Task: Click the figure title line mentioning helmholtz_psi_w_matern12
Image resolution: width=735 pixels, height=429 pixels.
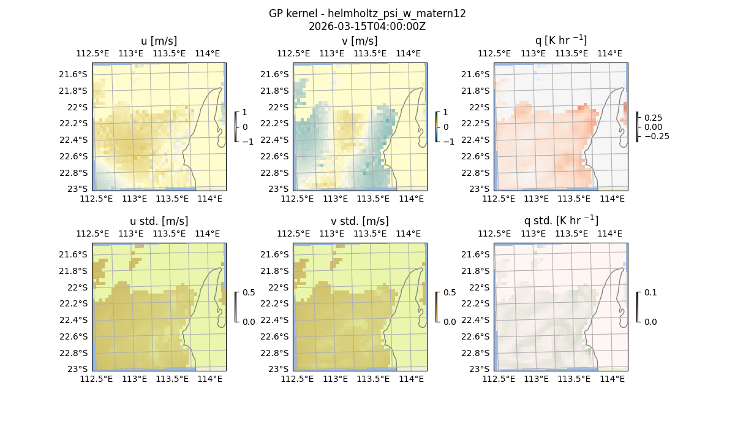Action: coord(367,13)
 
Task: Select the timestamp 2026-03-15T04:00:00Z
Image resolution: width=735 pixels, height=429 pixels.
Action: coord(367,26)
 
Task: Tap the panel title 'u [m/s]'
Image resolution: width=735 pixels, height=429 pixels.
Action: coord(159,41)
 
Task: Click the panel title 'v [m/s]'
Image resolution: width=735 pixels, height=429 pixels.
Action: coord(360,41)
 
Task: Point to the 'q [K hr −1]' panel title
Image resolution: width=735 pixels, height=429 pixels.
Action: coord(560,40)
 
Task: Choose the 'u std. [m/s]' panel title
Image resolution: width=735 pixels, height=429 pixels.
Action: coord(159,221)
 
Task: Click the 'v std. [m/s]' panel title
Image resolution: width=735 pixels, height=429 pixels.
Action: coord(360,221)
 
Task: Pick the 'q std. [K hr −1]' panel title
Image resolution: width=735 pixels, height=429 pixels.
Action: coord(560,221)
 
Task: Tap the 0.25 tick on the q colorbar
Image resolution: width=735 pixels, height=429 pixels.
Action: coord(653,118)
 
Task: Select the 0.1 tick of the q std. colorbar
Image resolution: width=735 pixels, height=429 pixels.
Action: coord(650,292)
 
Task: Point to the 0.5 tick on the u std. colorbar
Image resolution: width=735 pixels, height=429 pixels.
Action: coord(249,292)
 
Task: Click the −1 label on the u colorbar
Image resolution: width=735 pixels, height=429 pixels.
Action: coord(247,142)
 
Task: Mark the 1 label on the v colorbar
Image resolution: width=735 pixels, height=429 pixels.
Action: coord(445,112)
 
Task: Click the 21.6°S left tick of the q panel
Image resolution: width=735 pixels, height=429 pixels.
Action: coord(478,74)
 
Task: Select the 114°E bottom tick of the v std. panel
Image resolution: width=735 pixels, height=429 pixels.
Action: coord(412,379)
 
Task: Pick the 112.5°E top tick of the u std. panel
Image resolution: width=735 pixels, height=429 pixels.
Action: coord(92,233)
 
